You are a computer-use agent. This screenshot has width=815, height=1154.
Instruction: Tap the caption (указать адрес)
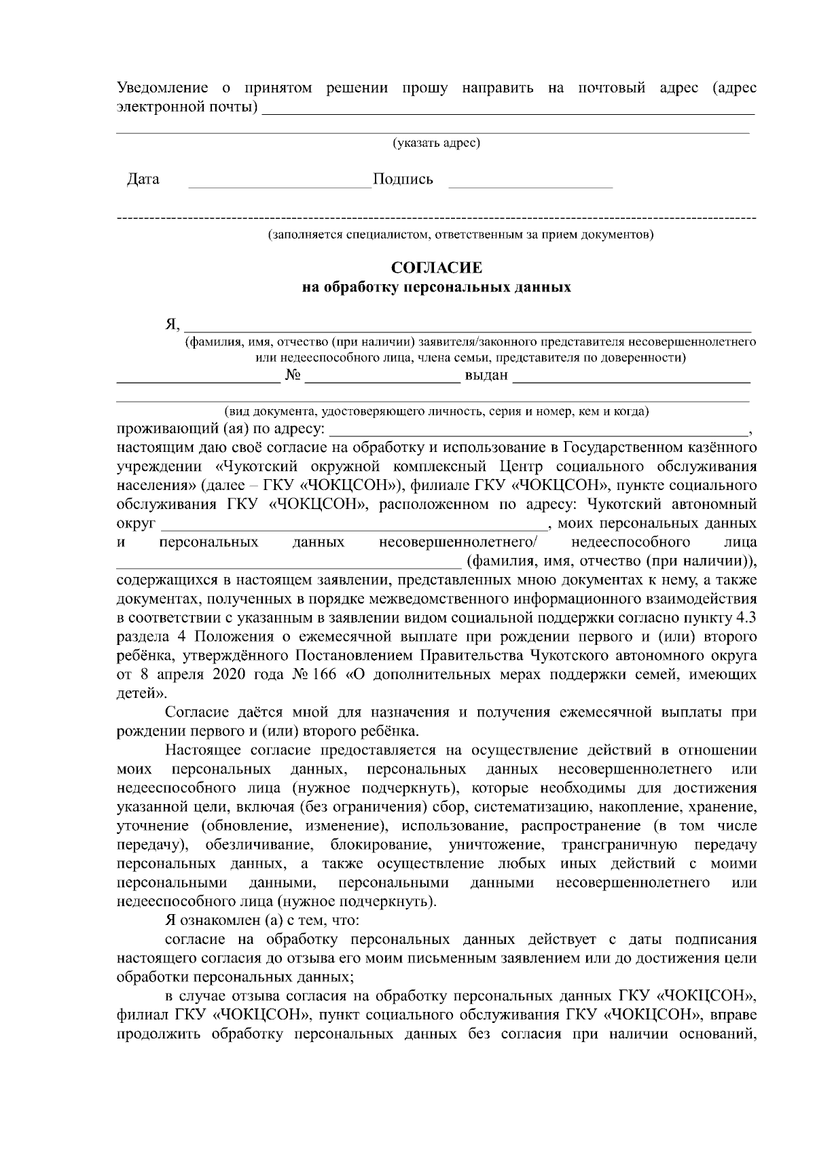coord(437,143)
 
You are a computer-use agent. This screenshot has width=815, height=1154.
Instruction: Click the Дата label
coord(143,179)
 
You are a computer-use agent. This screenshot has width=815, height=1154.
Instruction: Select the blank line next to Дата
coord(279,185)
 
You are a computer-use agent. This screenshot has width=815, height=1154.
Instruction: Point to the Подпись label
coord(403,179)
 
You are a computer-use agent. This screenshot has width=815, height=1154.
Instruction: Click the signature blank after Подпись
coord(530,185)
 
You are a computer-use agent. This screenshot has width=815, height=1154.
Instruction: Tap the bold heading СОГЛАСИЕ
coord(437,268)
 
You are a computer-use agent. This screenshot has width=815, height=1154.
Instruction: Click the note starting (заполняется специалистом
coord(460,235)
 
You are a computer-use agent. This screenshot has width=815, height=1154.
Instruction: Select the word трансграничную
coord(619,845)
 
